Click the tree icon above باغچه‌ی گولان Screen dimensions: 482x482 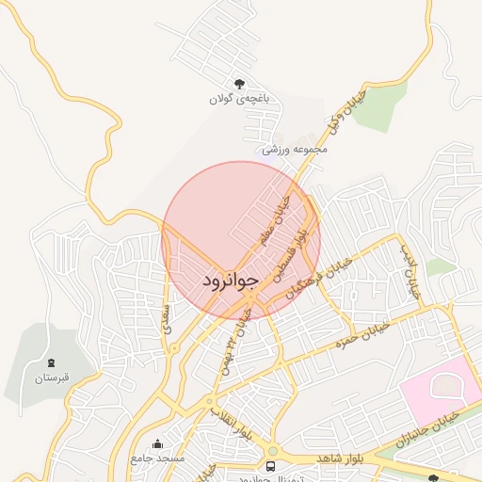click(x=239, y=83)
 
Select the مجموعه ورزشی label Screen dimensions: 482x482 click(x=294, y=149)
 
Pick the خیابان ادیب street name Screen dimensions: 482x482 click(x=409, y=272)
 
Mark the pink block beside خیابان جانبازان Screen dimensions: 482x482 click(x=439, y=386)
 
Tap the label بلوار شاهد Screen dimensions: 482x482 click(x=336, y=457)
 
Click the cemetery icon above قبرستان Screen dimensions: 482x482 click(x=51, y=362)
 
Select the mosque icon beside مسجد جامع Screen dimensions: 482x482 click(x=156, y=443)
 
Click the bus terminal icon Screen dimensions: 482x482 click(x=272, y=466)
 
